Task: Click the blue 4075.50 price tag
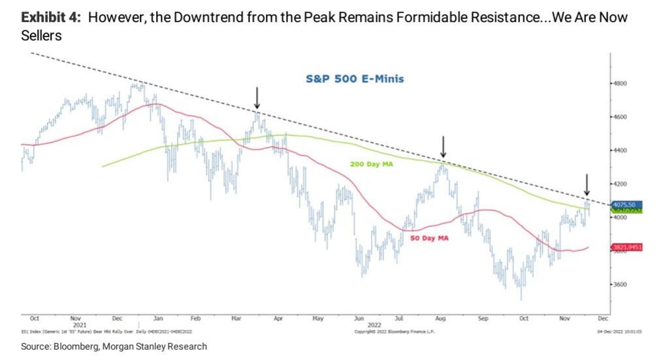pyautogui.click(x=624, y=205)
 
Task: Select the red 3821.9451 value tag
pyautogui.click(x=626, y=247)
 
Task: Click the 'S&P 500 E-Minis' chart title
pyautogui.click(x=355, y=79)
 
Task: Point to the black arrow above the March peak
pyautogui.click(x=257, y=99)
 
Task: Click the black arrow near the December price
pyautogui.click(x=587, y=184)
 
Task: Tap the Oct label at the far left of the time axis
pyautogui.click(x=34, y=318)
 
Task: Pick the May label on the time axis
pyautogui.click(x=318, y=318)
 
